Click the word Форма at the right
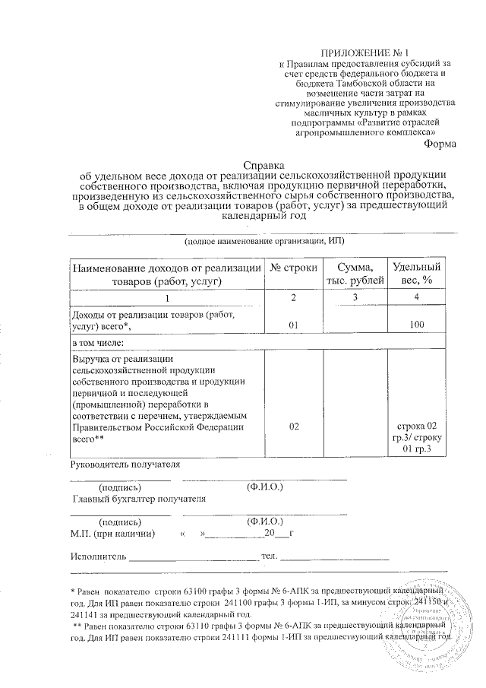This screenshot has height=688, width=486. tap(439, 144)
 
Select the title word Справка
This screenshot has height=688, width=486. tap(263, 163)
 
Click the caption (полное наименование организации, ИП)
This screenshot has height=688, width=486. tap(263, 240)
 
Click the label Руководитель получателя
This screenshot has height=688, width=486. tap(125, 464)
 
